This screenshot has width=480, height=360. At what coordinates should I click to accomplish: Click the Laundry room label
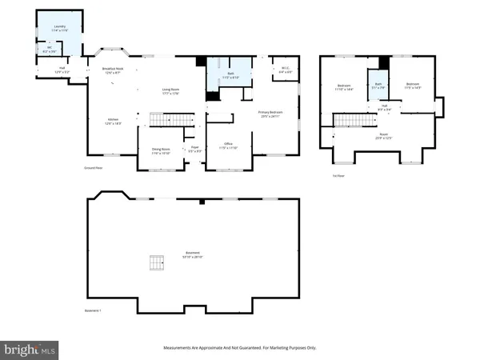[x=59, y=28]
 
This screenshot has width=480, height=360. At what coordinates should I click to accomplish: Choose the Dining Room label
[x=162, y=149]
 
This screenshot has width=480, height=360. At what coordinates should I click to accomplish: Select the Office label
[x=228, y=146]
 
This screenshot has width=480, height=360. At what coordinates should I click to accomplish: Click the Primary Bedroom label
[x=271, y=114]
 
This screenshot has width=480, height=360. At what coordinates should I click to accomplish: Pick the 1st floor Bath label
[x=378, y=85]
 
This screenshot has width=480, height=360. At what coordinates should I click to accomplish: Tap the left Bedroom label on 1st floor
[x=344, y=86]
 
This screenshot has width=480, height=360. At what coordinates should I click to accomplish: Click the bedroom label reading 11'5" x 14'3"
[x=413, y=86]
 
